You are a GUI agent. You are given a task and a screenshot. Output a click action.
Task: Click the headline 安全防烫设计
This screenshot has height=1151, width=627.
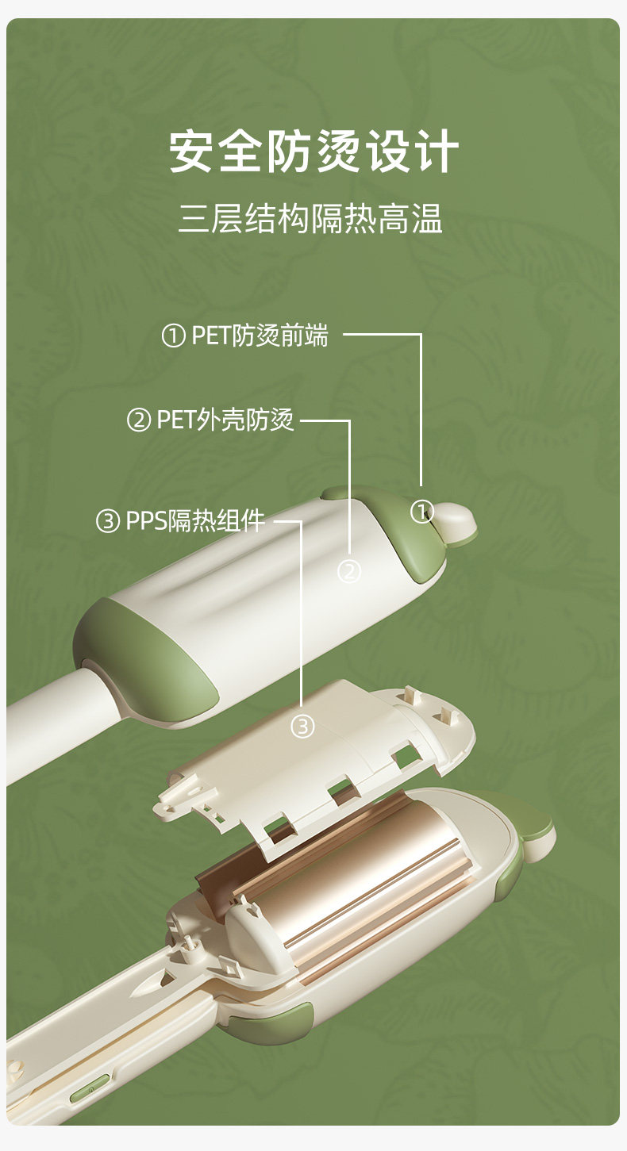[x=313, y=152]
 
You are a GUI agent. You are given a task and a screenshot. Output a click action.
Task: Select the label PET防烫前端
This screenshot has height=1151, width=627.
[x=260, y=336]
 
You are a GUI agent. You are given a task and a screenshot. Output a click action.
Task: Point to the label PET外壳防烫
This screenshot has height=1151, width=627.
[x=225, y=420]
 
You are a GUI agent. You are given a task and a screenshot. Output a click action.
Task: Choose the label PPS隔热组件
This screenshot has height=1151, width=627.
[x=195, y=520]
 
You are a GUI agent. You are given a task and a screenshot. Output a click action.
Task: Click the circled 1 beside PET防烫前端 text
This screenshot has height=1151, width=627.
[x=173, y=336]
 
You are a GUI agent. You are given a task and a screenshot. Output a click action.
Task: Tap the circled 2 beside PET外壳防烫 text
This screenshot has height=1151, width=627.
[x=138, y=420]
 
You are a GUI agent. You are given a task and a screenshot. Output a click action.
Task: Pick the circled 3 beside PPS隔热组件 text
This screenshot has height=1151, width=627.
[x=107, y=521]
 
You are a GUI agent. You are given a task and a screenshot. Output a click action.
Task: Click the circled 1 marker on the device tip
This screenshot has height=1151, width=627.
[x=422, y=512]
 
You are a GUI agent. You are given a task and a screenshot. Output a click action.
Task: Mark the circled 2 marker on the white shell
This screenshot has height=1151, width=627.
[x=349, y=571]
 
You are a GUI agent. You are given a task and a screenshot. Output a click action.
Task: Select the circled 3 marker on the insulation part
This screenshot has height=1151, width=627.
[x=302, y=727]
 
